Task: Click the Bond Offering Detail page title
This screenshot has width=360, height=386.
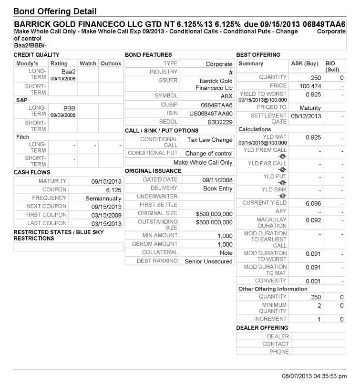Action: (x=55, y=11)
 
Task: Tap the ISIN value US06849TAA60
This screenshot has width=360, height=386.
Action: (x=210, y=114)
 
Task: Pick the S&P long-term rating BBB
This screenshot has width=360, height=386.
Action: (x=70, y=108)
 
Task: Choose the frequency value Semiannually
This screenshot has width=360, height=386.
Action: (x=104, y=198)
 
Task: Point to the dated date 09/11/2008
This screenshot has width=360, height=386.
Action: (x=217, y=179)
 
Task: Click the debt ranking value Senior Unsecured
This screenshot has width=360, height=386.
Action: (x=209, y=261)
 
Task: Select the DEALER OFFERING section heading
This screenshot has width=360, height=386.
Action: (x=262, y=328)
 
